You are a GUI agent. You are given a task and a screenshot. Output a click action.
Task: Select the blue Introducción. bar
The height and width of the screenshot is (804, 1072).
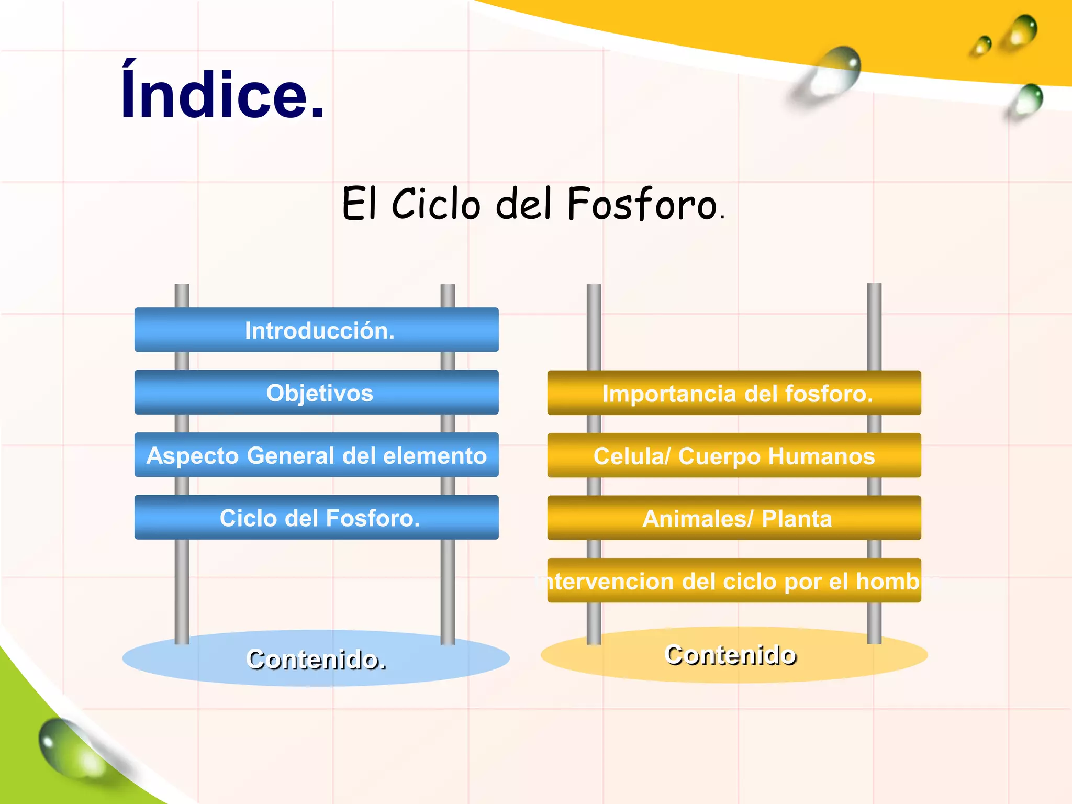pyautogui.click(x=317, y=330)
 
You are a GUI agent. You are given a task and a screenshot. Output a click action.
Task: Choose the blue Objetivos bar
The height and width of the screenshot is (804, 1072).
pyautogui.click(x=317, y=393)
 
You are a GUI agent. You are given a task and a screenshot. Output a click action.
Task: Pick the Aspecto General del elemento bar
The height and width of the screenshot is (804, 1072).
pyautogui.click(x=317, y=455)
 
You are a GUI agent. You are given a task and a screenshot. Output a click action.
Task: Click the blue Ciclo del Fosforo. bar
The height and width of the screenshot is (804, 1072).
pyautogui.click(x=317, y=518)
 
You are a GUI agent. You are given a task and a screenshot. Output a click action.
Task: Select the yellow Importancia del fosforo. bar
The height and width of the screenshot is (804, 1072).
pyautogui.click(x=734, y=393)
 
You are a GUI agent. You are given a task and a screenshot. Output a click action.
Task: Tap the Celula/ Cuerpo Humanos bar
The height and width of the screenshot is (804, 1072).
pyautogui.click(x=734, y=455)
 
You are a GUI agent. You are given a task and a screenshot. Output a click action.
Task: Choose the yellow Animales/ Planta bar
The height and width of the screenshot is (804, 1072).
pyautogui.click(x=734, y=518)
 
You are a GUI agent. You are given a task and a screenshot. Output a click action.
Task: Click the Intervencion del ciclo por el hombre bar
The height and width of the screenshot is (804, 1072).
pyautogui.click(x=734, y=580)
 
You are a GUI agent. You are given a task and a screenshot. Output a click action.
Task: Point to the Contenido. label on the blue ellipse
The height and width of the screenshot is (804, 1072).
pyautogui.click(x=316, y=659)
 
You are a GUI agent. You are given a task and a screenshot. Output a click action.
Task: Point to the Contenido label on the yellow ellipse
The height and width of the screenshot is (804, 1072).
pyautogui.click(x=730, y=654)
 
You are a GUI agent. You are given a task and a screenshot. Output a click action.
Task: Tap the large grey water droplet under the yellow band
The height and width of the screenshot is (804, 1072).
pyautogui.click(x=832, y=76)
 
